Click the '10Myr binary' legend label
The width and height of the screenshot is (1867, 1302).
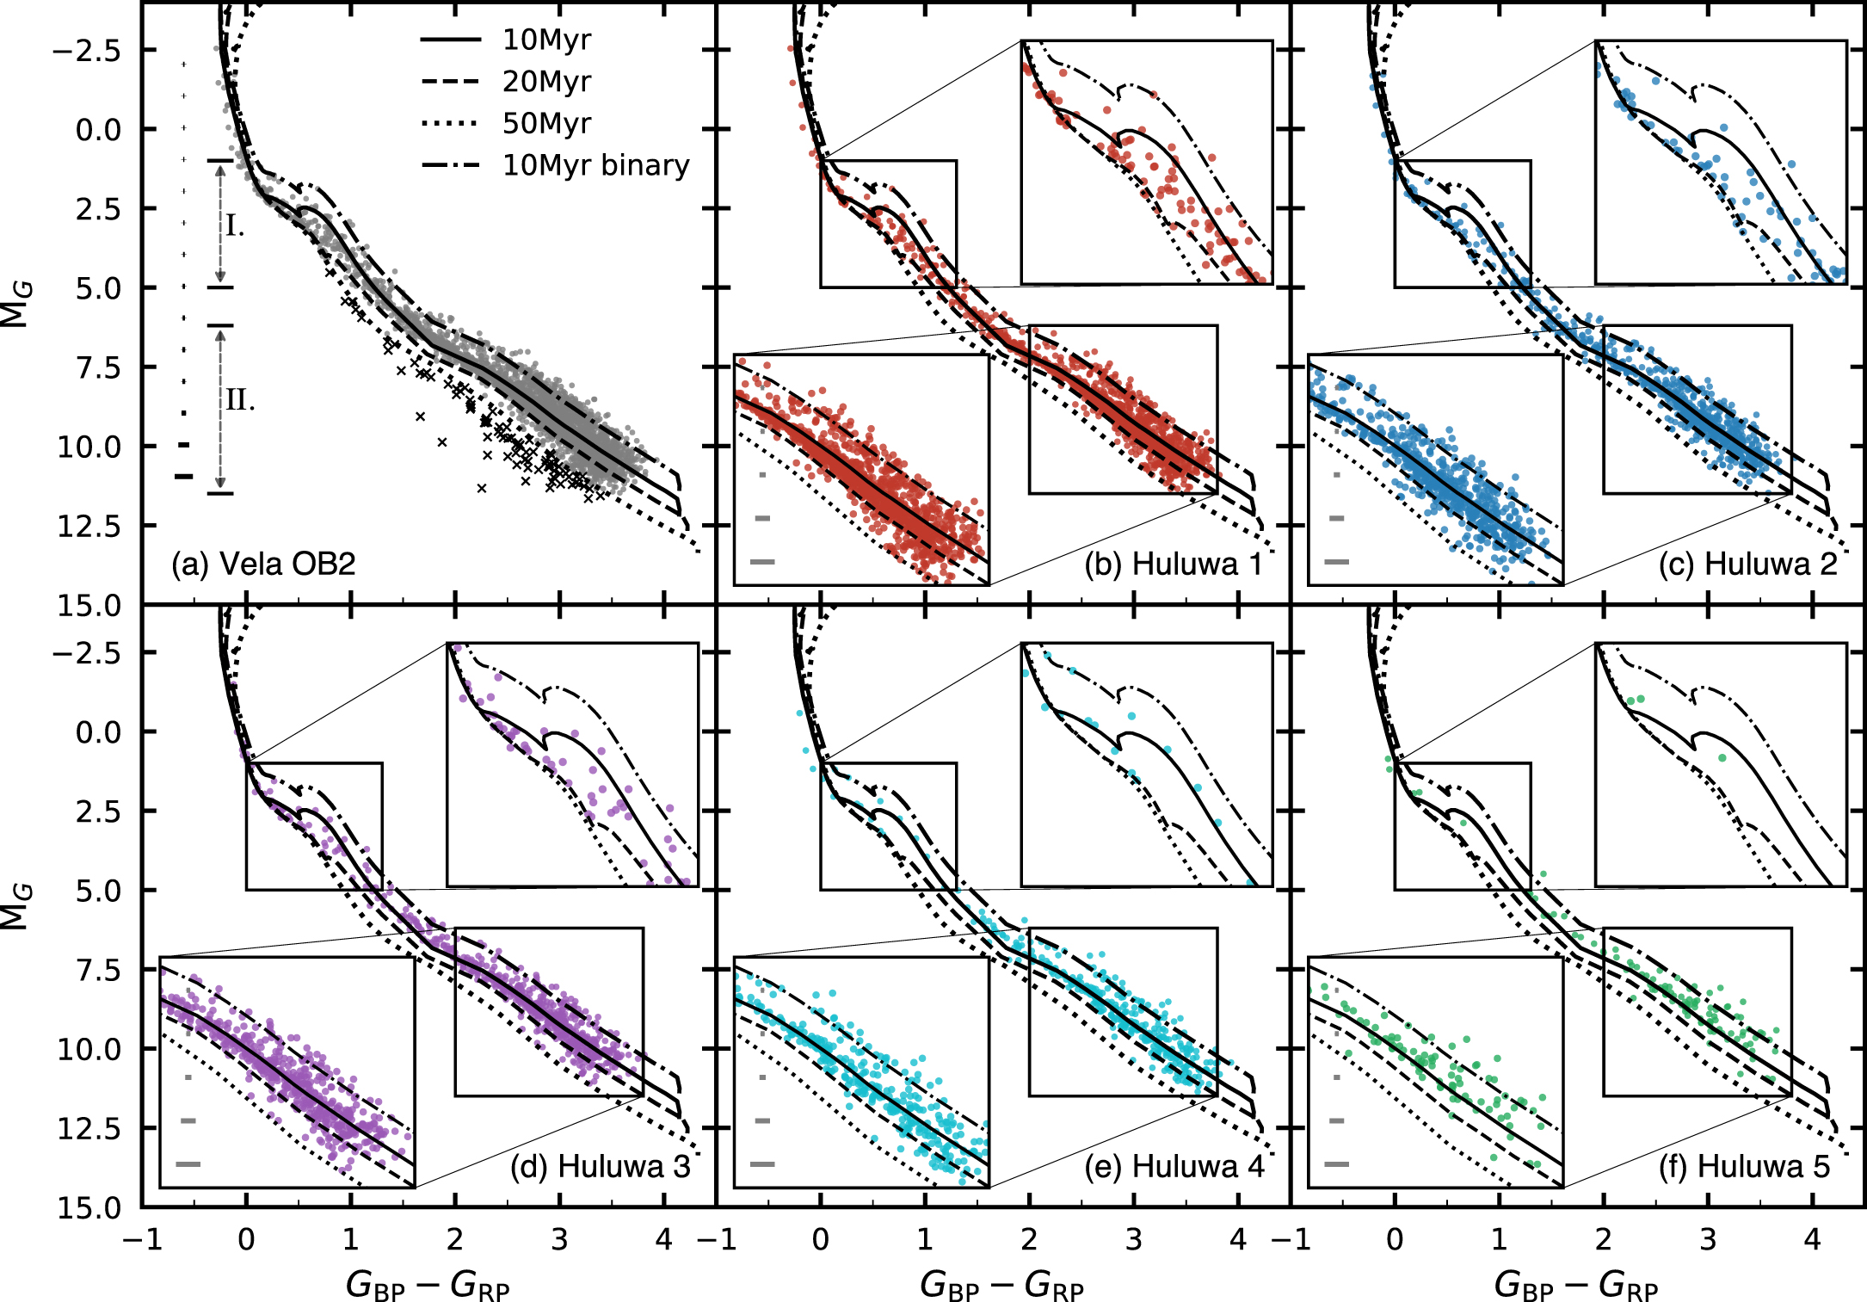[595, 165]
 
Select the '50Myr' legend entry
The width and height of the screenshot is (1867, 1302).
[546, 124]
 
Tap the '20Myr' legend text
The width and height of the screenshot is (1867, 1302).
[546, 82]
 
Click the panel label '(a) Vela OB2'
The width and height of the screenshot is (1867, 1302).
[263, 564]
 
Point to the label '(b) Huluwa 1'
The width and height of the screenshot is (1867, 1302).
[1174, 564]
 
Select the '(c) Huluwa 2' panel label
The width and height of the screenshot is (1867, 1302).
[1747, 564]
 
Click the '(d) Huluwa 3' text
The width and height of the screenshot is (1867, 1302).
[600, 1166]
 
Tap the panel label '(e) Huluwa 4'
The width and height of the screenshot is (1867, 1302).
[1174, 1166]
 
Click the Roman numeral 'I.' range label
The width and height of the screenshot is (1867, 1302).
[235, 226]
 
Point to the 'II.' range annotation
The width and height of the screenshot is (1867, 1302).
[240, 400]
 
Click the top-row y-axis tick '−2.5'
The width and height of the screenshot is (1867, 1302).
[86, 51]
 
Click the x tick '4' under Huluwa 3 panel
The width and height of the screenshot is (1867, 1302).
[663, 1240]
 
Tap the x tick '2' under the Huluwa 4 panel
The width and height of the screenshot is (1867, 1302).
[1029, 1240]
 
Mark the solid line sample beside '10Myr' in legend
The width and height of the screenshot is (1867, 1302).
[450, 40]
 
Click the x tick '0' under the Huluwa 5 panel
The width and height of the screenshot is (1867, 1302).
[1395, 1240]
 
